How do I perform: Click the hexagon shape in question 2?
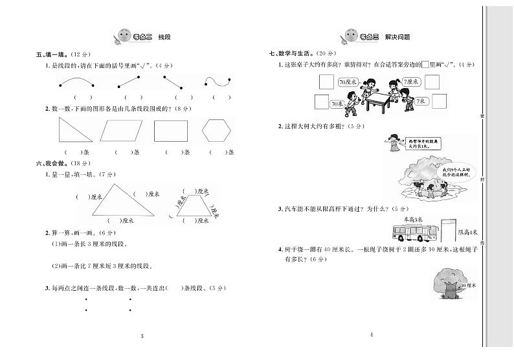[x=216, y=131]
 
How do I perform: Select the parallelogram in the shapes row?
[x=123, y=131]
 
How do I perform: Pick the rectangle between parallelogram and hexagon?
[x=170, y=131]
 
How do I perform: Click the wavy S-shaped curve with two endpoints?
[x=218, y=82]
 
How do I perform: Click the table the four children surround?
[x=378, y=95]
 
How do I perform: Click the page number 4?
[x=372, y=335]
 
